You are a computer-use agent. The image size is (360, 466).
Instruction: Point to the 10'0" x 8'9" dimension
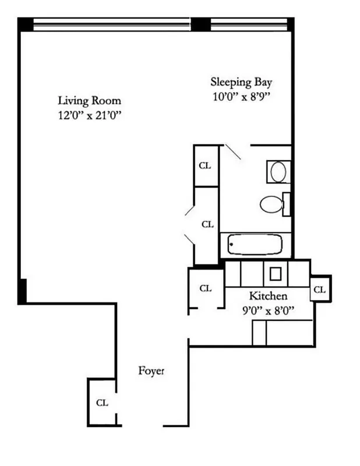pyautogui.click(x=241, y=97)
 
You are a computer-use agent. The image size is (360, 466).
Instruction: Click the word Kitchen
pyautogui.click(x=268, y=295)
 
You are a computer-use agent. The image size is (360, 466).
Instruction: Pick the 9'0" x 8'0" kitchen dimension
pyautogui.click(x=268, y=310)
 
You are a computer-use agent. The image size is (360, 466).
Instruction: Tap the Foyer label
pyautogui.click(x=151, y=370)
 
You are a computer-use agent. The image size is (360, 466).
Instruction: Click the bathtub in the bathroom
pyautogui.click(x=255, y=244)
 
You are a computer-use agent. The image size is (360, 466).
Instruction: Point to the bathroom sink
pyautogui.click(x=278, y=172)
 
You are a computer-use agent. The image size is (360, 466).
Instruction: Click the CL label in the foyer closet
pyautogui.click(x=101, y=403)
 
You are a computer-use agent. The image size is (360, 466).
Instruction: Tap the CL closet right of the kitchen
pyautogui.click(x=320, y=288)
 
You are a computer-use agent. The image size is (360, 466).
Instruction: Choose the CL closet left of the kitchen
pyautogui.click(x=206, y=288)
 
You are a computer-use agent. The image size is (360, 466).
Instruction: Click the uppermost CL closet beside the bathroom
pyautogui.click(x=205, y=165)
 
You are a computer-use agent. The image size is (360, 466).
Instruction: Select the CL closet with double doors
pyautogui.click(x=207, y=224)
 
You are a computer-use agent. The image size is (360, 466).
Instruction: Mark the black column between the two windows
pyautogui.click(x=200, y=24)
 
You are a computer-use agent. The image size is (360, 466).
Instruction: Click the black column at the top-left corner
pyautogui.click(x=25, y=24)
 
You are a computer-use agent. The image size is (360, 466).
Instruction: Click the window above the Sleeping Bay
pyautogui.click(x=249, y=24)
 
